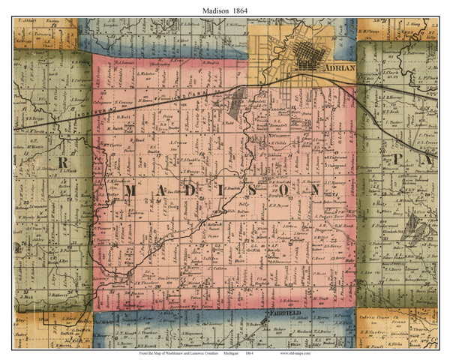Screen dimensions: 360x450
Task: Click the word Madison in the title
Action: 213,8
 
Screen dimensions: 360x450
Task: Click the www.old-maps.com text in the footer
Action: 299,352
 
